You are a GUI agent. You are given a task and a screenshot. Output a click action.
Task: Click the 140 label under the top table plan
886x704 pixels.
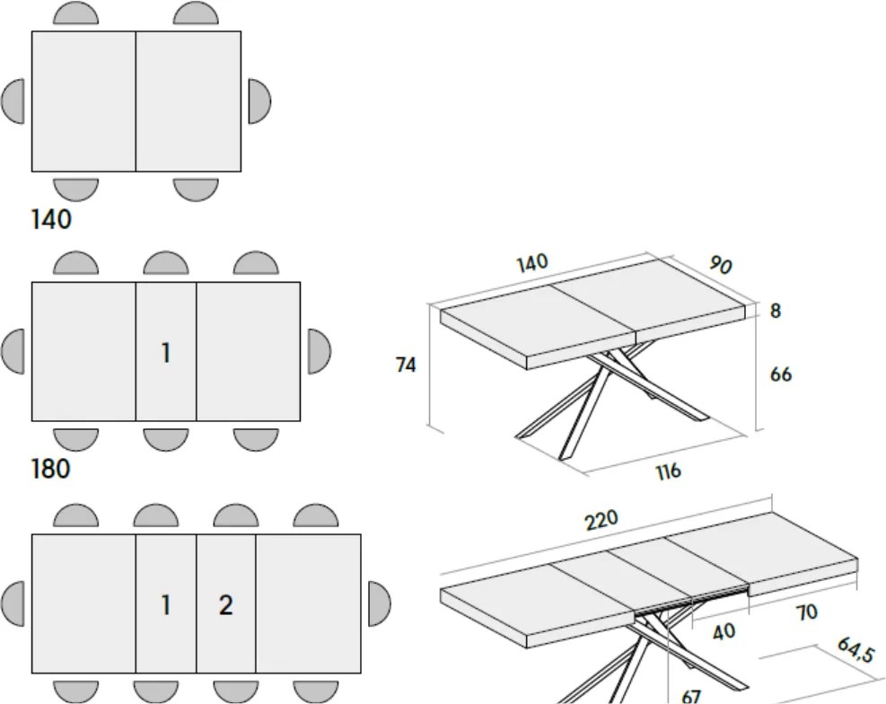pyautogui.click(x=51, y=219)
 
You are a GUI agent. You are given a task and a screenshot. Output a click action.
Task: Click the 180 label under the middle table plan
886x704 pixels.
pyautogui.click(x=51, y=469)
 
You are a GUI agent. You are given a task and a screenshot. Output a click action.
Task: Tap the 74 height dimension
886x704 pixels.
pyautogui.click(x=406, y=365)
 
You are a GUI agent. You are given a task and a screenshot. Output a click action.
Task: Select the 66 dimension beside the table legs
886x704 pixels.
pyautogui.click(x=781, y=374)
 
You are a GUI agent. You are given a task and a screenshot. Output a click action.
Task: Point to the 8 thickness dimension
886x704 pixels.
pyautogui.click(x=776, y=311)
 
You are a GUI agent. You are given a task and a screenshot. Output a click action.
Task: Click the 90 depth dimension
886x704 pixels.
pyautogui.click(x=721, y=265)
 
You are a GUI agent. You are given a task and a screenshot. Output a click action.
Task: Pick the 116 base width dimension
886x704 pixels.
pyautogui.click(x=668, y=471)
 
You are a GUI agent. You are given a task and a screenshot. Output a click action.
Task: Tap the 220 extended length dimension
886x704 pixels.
pyautogui.click(x=601, y=520)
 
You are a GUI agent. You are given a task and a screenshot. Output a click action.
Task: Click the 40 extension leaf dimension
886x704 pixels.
pyautogui.click(x=724, y=631)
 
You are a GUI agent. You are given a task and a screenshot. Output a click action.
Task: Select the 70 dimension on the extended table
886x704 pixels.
pyautogui.click(x=806, y=612)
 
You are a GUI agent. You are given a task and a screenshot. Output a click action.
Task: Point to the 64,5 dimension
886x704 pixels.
pyautogui.click(x=855, y=650)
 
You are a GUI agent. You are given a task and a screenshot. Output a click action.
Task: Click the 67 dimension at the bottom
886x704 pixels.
pyautogui.click(x=691, y=697)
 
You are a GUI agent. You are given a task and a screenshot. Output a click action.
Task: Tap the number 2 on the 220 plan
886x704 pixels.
pyautogui.click(x=225, y=605)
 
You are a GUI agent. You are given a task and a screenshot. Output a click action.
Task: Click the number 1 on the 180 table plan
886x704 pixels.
pyautogui.click(x=165, y=353)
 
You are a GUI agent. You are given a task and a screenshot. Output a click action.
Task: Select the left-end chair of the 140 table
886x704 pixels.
pyautogui.click(x=13, y=101)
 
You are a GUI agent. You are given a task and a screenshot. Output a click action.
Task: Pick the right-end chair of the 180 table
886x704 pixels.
pyautogui.click(x=319, y=351)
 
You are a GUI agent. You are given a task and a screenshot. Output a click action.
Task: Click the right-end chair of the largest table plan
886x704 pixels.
pyautogui.click(x=379, y=603)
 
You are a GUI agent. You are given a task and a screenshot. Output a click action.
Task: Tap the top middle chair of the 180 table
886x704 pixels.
pyautogui.click(x=165, y=264)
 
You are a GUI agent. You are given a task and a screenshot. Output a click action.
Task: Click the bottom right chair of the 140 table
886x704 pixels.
pyautogui.click(x=196, y=189)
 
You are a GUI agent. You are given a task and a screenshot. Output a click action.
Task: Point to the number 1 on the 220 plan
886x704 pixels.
pyautogui.click(x=165, y=605)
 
